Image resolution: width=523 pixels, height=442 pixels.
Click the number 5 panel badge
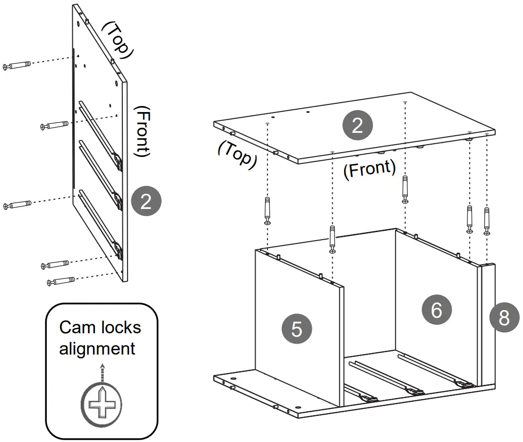pos(297,328)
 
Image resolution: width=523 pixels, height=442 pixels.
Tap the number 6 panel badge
pos(437,310)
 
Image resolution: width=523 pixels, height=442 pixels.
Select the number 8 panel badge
pos(504,318)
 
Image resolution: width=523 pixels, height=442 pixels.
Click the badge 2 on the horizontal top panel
pos(357,125)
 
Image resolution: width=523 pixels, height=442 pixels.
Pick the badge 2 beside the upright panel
pos(146,201)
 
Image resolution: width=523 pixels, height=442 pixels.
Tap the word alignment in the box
pos(97,348)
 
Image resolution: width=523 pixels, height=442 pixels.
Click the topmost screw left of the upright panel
pos(17,66)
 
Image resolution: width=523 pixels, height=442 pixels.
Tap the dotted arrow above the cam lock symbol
pos(102,373)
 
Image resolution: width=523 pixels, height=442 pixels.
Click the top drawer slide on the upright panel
pos(100,132)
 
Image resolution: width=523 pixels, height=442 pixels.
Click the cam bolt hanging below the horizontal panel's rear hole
pos(405,189)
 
